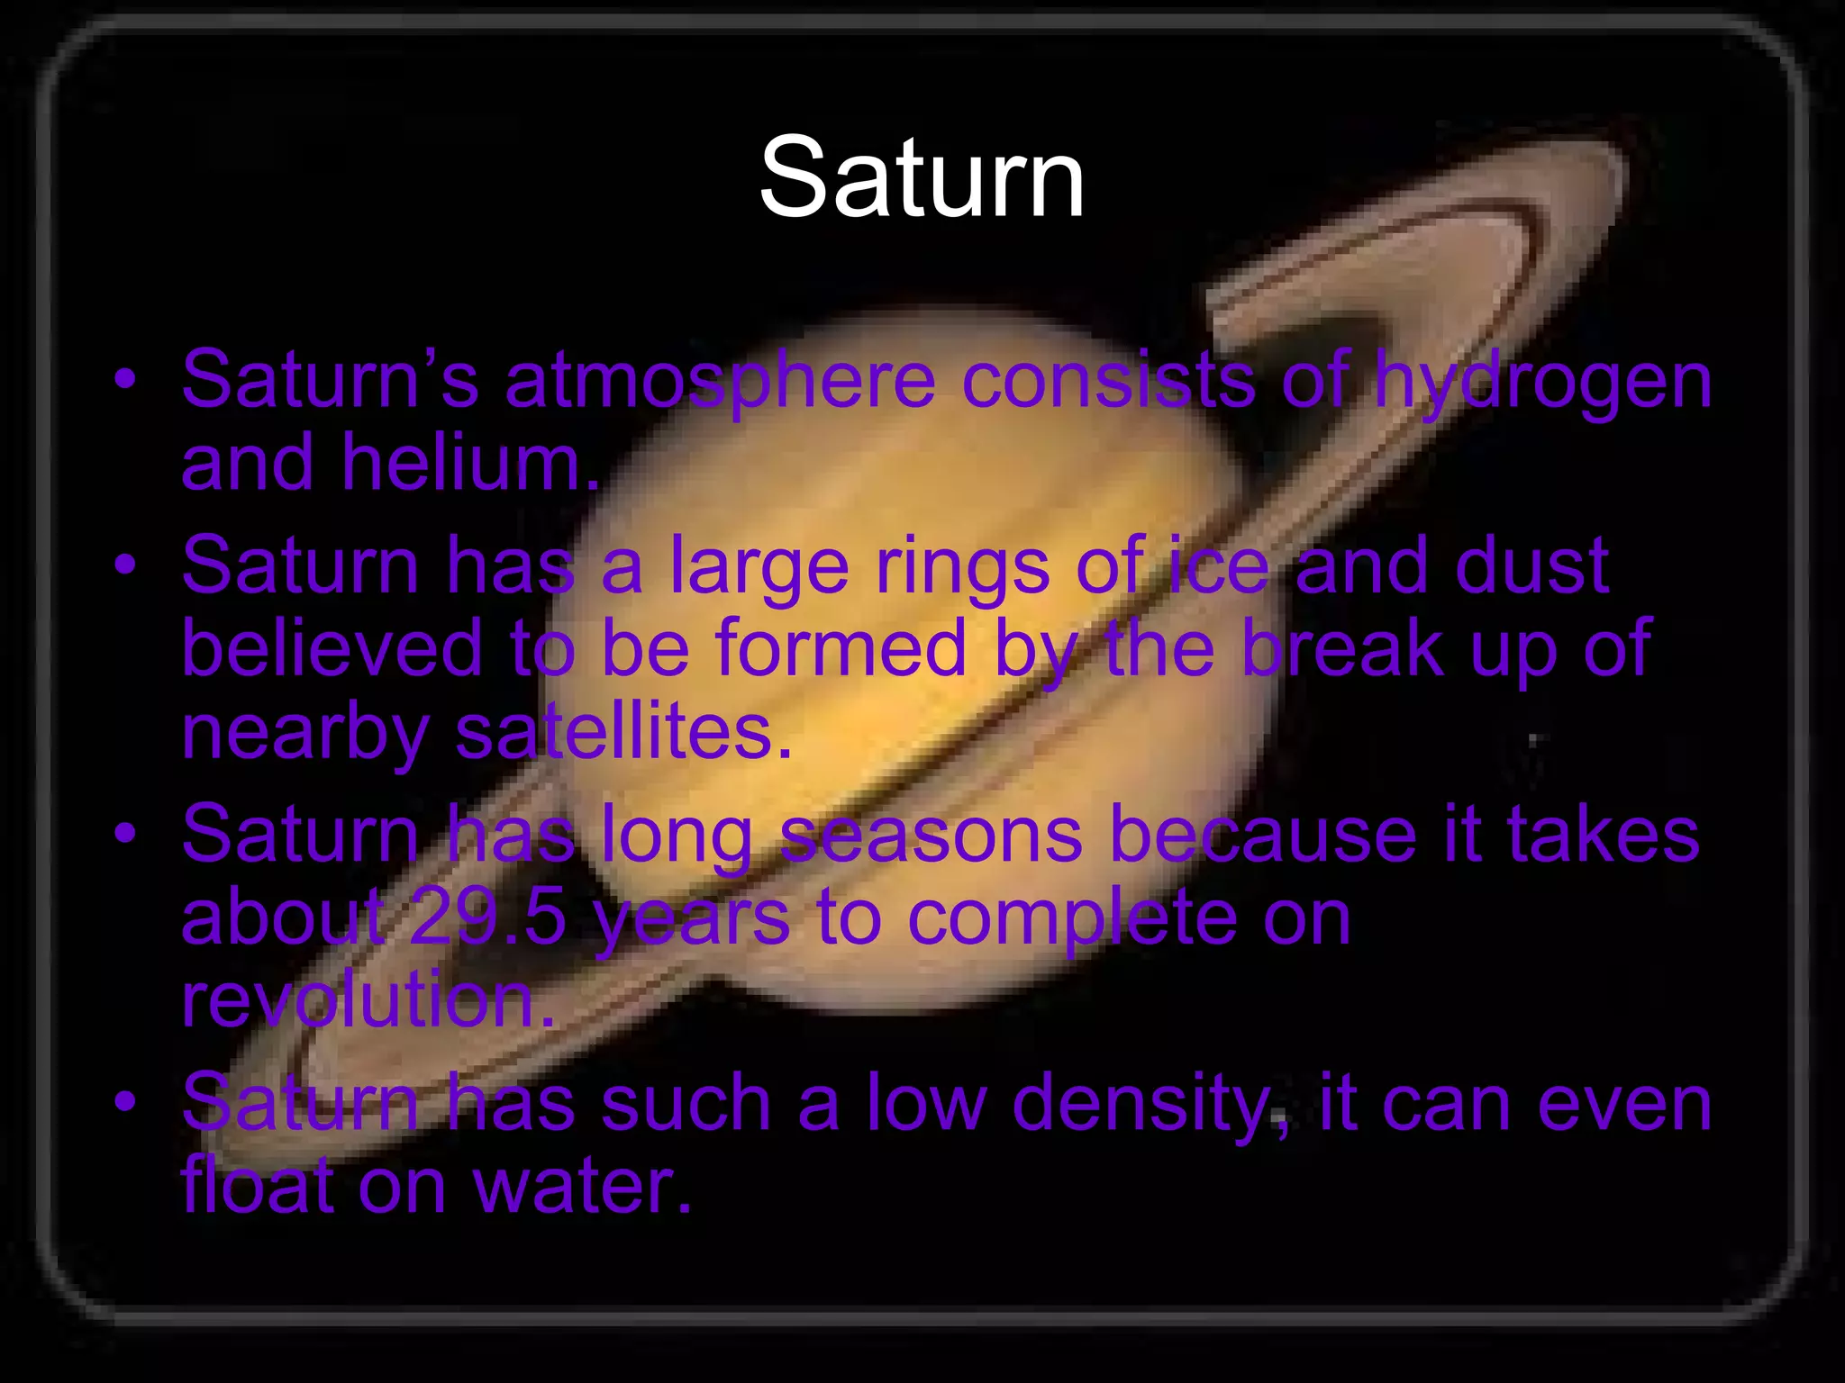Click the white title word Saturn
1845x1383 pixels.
922,177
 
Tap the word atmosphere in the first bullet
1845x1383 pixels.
720,379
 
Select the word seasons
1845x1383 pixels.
931,835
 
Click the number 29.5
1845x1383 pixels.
487,917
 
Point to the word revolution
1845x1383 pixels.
368,999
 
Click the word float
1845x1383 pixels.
257,1186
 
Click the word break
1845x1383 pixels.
1343,647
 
